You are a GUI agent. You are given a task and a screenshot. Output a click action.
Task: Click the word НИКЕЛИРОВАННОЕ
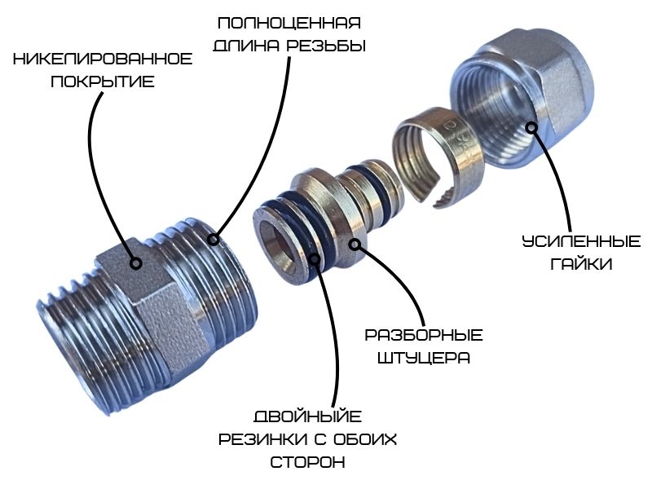(x=103, y=59)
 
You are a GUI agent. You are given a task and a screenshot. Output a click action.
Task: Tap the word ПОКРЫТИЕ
(x=103, y=81)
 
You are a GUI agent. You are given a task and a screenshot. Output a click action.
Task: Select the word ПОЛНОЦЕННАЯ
(x=289, y=24)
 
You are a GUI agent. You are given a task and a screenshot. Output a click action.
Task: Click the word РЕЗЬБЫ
(x=327, y=46)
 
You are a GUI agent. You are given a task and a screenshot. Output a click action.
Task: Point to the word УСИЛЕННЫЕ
(x=581, y=241)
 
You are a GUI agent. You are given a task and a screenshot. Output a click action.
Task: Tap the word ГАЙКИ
(x=581, y=264)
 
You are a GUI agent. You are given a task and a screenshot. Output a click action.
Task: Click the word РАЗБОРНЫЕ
(x=424, y=335)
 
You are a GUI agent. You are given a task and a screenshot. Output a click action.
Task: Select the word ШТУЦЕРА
(x=424, y=358)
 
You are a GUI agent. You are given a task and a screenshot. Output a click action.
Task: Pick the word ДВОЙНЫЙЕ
(x=308, y=416)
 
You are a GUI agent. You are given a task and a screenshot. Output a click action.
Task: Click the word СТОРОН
(x=308, y=462)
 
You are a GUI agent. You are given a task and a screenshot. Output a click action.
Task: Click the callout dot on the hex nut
(x=531, y=128)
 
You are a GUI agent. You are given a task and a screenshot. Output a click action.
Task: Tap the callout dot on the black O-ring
(x=315, y=259)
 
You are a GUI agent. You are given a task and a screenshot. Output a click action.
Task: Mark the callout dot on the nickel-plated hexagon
(x=135, y=263)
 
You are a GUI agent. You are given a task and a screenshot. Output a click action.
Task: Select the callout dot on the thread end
(x=214, y=240)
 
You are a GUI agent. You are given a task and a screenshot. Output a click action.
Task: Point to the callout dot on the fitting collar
(x=355, y=244)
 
